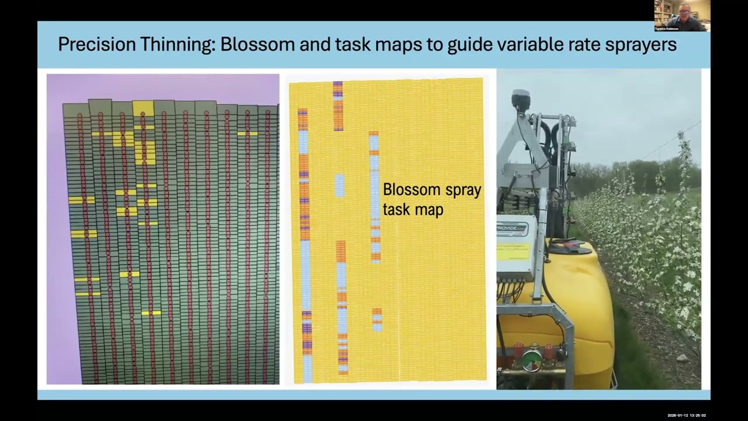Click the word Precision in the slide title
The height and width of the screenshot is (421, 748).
pos(96,44)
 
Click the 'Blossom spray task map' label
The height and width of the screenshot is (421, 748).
pos(432,199)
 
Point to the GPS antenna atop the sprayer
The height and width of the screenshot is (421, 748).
pos(520,99)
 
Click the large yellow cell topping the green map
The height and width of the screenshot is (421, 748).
pos(143,108)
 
